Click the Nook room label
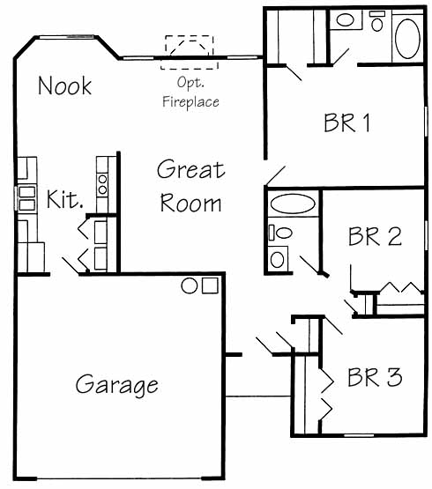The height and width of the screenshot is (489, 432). (64, 85)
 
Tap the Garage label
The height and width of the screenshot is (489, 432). (116, 385)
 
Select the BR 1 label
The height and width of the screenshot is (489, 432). (347, 122)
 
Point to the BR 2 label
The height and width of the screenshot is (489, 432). (375, 236)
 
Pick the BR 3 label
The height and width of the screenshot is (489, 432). (375, 377)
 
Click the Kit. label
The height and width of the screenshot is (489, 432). (65, 199)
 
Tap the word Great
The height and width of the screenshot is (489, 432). (190, 169)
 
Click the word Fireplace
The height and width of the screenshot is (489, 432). (190, 101)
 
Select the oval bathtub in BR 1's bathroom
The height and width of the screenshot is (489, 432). (407, 39)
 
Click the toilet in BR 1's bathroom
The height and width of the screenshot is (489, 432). (377, 21)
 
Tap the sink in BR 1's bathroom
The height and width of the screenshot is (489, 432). (345, 20)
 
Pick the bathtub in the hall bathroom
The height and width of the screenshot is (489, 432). (293, 204)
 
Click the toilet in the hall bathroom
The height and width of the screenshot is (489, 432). (281, 233)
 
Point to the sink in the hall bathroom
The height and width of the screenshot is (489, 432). (277, 259)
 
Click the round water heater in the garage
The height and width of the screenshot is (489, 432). (190, 285)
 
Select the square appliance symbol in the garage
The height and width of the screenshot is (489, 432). (210, 285)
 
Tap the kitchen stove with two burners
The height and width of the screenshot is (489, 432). (102, 185)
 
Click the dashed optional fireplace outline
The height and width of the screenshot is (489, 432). (190, 52)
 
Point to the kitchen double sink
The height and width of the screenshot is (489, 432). (26, 198)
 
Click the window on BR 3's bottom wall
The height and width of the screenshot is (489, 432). (359, 435)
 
